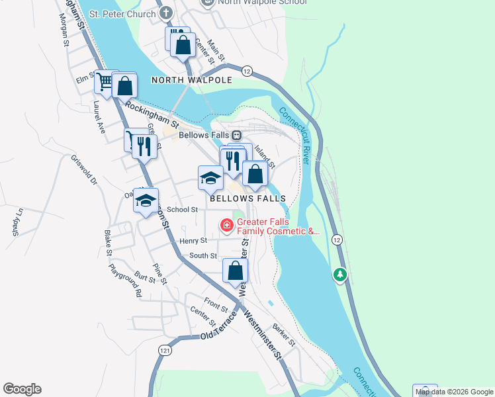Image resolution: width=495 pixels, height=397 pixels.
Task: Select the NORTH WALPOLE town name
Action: tap(191, 80)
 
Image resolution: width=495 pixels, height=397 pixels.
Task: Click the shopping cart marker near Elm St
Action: tap(105, 83)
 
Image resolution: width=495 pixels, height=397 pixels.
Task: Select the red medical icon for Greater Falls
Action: tap(227, 226)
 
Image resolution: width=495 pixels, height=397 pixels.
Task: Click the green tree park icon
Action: tap(340, 274)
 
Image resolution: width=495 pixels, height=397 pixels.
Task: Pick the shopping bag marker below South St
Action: tap(235, 271)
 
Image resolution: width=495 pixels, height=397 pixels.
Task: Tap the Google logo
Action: tap(22, 389)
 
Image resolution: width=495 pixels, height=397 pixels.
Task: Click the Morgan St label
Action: tap(65, 32)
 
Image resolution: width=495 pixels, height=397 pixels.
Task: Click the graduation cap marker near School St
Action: tap(146, 200)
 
